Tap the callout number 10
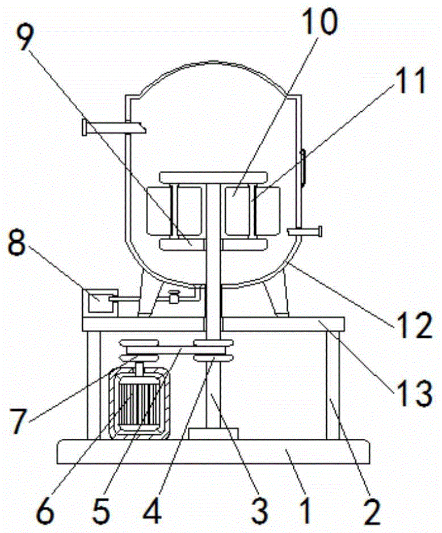pyautogui.click(x=319, y=21)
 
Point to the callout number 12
pyautogui.click(x=413, y=325)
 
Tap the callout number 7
pyautogui.click(x=18, y=421)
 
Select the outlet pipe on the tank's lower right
pyautogui.click(x=304, y=232)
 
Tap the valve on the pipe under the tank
pyautogui.click(x=174, y=296)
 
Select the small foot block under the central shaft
pyautogui.click(x=213, y=434)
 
